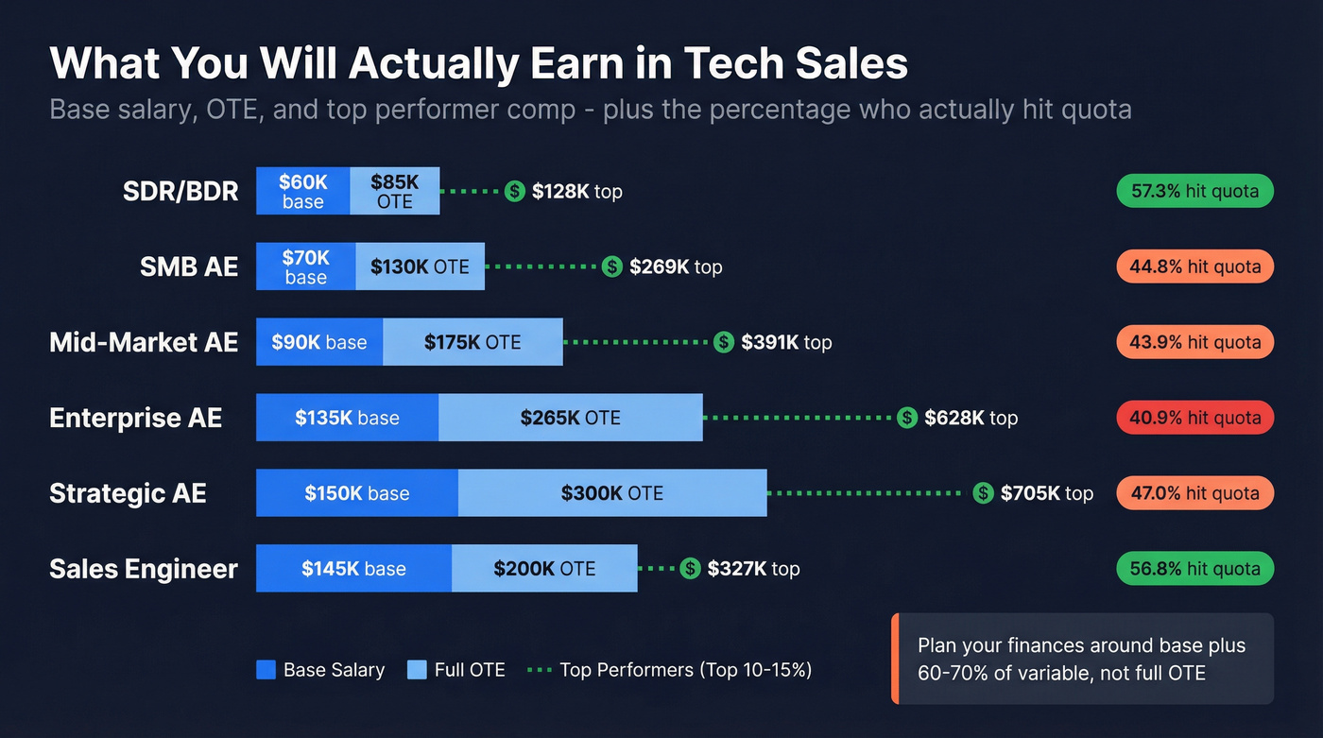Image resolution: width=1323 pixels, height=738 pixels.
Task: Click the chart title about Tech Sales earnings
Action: pos(478,64)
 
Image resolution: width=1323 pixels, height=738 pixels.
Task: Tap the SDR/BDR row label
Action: pos(180,191)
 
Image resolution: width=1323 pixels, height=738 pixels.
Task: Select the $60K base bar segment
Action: pos(303,191)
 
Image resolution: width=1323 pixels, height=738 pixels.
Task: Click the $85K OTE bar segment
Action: pos(394,191)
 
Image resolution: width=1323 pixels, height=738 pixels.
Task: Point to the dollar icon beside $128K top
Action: pos(514,191)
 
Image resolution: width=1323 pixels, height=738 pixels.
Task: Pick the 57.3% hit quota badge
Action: pos(1194,191)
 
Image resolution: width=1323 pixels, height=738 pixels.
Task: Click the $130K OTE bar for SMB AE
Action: pos(420,266)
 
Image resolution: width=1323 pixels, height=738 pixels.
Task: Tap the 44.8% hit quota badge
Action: pos(1194,266)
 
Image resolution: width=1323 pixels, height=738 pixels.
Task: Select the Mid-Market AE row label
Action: pos(144,342)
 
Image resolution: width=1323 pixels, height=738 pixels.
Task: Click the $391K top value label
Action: pos(786,342)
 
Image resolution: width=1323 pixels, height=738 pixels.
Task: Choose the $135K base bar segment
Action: pos(347,418)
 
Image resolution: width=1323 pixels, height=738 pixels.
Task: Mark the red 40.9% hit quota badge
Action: pos(1194,418)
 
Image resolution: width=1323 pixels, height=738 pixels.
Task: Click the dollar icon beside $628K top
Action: pos(907,418)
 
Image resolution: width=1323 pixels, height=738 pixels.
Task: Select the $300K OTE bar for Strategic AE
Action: pos(612,493)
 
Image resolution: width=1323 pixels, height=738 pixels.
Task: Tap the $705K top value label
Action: pos(1046,493)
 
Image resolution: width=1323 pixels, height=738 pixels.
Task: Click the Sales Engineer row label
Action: pos(144,569)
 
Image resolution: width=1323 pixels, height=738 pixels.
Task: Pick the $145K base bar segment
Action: pos(353,569)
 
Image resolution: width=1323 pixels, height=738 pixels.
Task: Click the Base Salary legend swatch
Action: pos(266,670)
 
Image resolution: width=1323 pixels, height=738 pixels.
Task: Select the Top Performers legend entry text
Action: pos(685,670)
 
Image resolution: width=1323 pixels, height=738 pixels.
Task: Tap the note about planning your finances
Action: pos(1082,660)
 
